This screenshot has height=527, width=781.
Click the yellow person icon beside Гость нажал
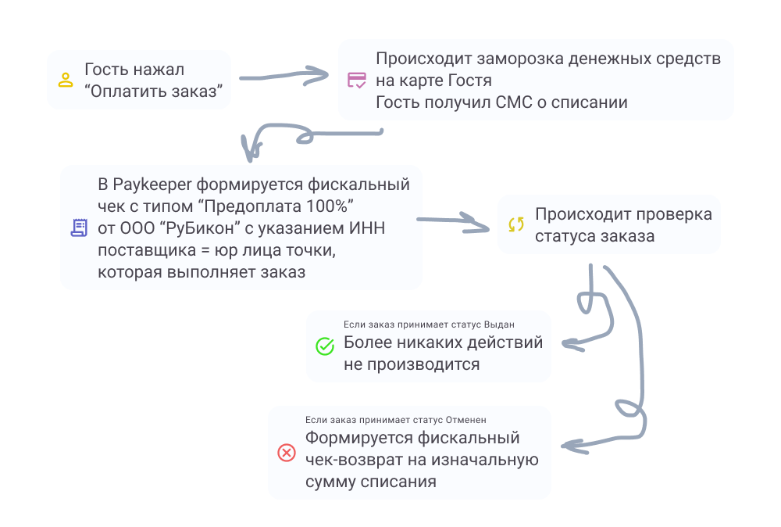(66, 80)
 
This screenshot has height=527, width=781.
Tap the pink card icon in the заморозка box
(356, 80)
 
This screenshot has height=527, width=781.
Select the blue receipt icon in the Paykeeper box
(79, 228)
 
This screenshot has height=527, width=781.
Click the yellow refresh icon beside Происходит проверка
(516, 225)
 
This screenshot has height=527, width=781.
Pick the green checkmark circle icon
(324, 346)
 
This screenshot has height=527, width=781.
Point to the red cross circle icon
(287, 453)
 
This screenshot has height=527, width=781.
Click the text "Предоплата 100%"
(282, 206)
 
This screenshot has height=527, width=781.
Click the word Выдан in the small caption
(499, 324)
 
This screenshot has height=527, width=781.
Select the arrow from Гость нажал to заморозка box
(285, 77)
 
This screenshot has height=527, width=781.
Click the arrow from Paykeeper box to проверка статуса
(453, 222)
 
